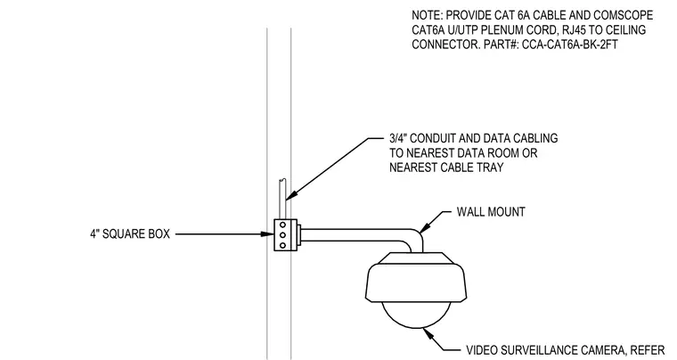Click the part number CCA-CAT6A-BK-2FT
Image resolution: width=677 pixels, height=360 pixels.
pyautogui.click(x=570, y=45)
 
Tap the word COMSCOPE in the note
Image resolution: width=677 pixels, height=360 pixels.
pyautogui.click(x=623, y=15)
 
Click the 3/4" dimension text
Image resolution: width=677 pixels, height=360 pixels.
pyautogui.click(x=398, y=138)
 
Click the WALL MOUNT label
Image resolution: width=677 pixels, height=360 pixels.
pyautogui.click(x=491, y=212)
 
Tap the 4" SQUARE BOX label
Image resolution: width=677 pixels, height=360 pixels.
pyautogui.click(x=130, y=234)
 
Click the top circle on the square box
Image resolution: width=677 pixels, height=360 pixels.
pyautogui.click(x=282, y=225)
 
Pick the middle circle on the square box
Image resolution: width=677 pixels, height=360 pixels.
pyautogui.click(x=282, y=235)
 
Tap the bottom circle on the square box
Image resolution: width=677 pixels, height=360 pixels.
pyautogui.click(x=282, y=246)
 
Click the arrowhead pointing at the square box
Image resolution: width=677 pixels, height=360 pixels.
pyautogui.click(x=267, y=234)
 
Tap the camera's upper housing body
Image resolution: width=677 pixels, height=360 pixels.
pyautogui.click(x=416, y=277)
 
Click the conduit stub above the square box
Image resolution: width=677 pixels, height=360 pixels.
pyautogui.click(x=282, y=200)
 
